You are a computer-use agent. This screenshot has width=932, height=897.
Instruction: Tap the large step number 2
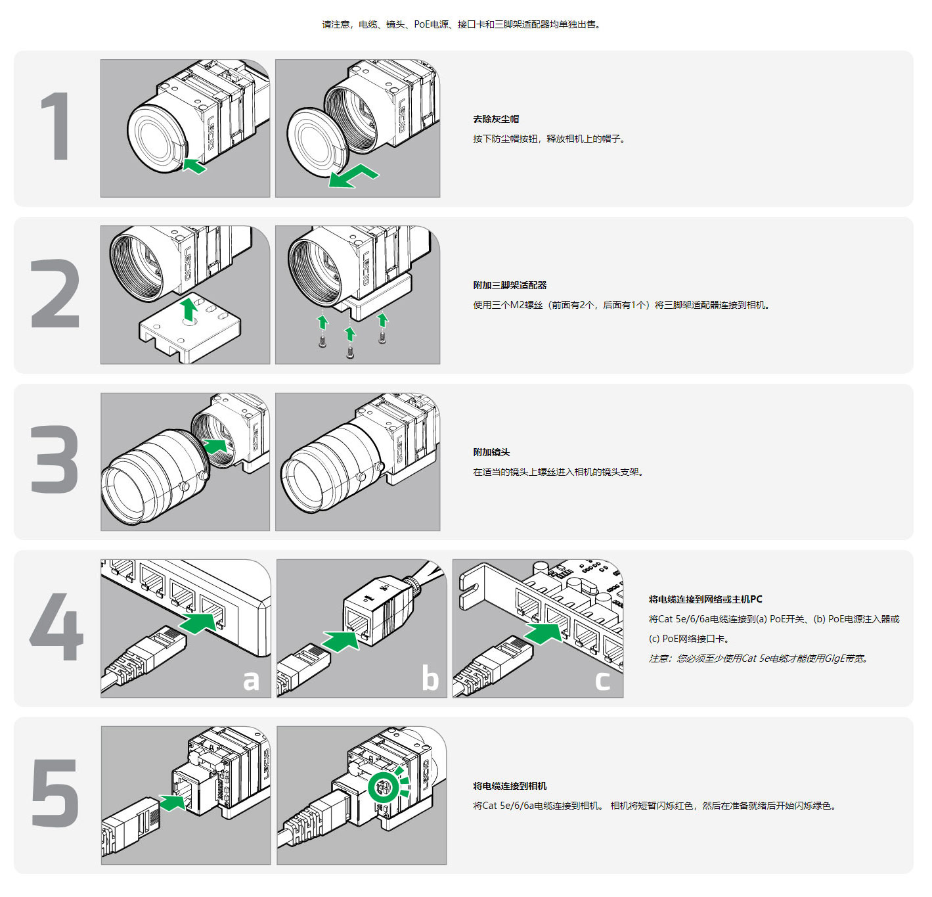click(x=55, y=294)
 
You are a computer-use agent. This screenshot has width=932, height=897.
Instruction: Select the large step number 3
click(x=55, y=459)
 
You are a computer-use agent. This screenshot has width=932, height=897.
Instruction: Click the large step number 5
click(x=55, y=793)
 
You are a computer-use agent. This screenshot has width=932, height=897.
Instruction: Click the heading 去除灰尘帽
click(x=496, y=119)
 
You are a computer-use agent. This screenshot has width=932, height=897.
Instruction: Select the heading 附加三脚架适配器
click(x=510, y=285)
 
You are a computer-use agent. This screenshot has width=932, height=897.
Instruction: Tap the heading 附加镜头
click(x=491, y=452)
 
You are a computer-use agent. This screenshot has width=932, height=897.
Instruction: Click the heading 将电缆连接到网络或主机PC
click(x=705, y=599)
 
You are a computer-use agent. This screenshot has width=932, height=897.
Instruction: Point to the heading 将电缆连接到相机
click(x=510, y=786)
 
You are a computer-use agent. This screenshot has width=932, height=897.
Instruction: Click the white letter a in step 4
click(x=251, y=680)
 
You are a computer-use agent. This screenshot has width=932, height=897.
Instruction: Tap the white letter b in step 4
click(x=430, y=678)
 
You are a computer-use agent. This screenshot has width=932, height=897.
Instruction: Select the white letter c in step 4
click(x=602, y=680)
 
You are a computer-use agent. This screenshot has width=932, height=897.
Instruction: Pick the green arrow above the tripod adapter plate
click(x=189, y=308)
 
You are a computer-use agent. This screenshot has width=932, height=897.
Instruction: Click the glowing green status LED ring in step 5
click(x=382, y=787)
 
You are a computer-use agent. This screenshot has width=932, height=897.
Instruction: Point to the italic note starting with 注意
click(x=759, y=658)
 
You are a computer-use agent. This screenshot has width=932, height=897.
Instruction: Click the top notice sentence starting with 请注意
click(x=461, y=25)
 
